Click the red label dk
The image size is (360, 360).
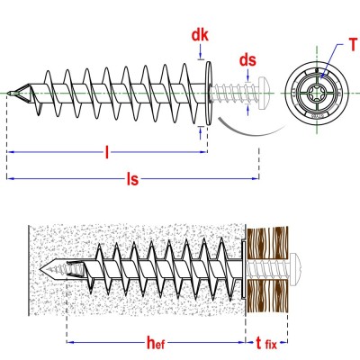200,36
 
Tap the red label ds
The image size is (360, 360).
247,60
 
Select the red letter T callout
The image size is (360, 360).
353,45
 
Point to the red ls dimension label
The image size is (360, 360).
132,179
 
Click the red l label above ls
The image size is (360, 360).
107,152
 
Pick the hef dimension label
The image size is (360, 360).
156,342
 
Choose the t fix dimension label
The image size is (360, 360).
266,343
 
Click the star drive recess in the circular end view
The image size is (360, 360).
317,93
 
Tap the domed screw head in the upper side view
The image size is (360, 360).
265,89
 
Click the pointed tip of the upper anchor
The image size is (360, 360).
8,93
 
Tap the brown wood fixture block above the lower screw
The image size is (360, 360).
267,241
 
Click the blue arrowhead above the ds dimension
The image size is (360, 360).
247,77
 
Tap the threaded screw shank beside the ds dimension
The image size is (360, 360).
235,93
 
